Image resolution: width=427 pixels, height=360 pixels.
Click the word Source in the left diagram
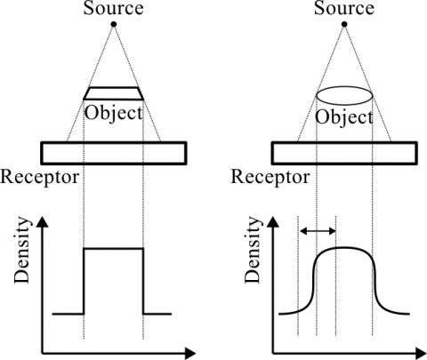(113, 8)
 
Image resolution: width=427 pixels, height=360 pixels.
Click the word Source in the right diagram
(344, 8)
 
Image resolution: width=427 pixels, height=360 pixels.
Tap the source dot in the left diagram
(113, 24)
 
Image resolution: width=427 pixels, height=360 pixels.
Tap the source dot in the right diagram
(344, 24)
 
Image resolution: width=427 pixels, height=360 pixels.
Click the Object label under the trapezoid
(114, 114)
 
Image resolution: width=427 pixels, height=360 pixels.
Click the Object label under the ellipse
(344, 117)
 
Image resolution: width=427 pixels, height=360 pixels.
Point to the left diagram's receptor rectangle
(114, 143)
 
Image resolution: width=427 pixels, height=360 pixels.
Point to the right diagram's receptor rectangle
(344, 143)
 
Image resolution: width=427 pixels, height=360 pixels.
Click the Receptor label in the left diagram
(40, 178)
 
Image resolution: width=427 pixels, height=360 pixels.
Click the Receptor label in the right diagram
(270, 178)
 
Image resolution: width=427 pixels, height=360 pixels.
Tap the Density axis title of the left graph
(22, 251)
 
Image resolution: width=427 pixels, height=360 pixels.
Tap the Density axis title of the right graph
(253, 251)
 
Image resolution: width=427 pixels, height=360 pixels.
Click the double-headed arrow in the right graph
(318, 230)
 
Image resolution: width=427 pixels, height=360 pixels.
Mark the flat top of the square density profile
(114, 249)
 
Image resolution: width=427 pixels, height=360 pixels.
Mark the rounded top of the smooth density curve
(344, 247)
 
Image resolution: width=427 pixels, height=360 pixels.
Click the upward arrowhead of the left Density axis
(43, 221)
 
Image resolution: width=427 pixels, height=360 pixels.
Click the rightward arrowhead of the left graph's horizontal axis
(190, 353)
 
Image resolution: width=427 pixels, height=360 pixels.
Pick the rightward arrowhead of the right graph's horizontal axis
(421, 353)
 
